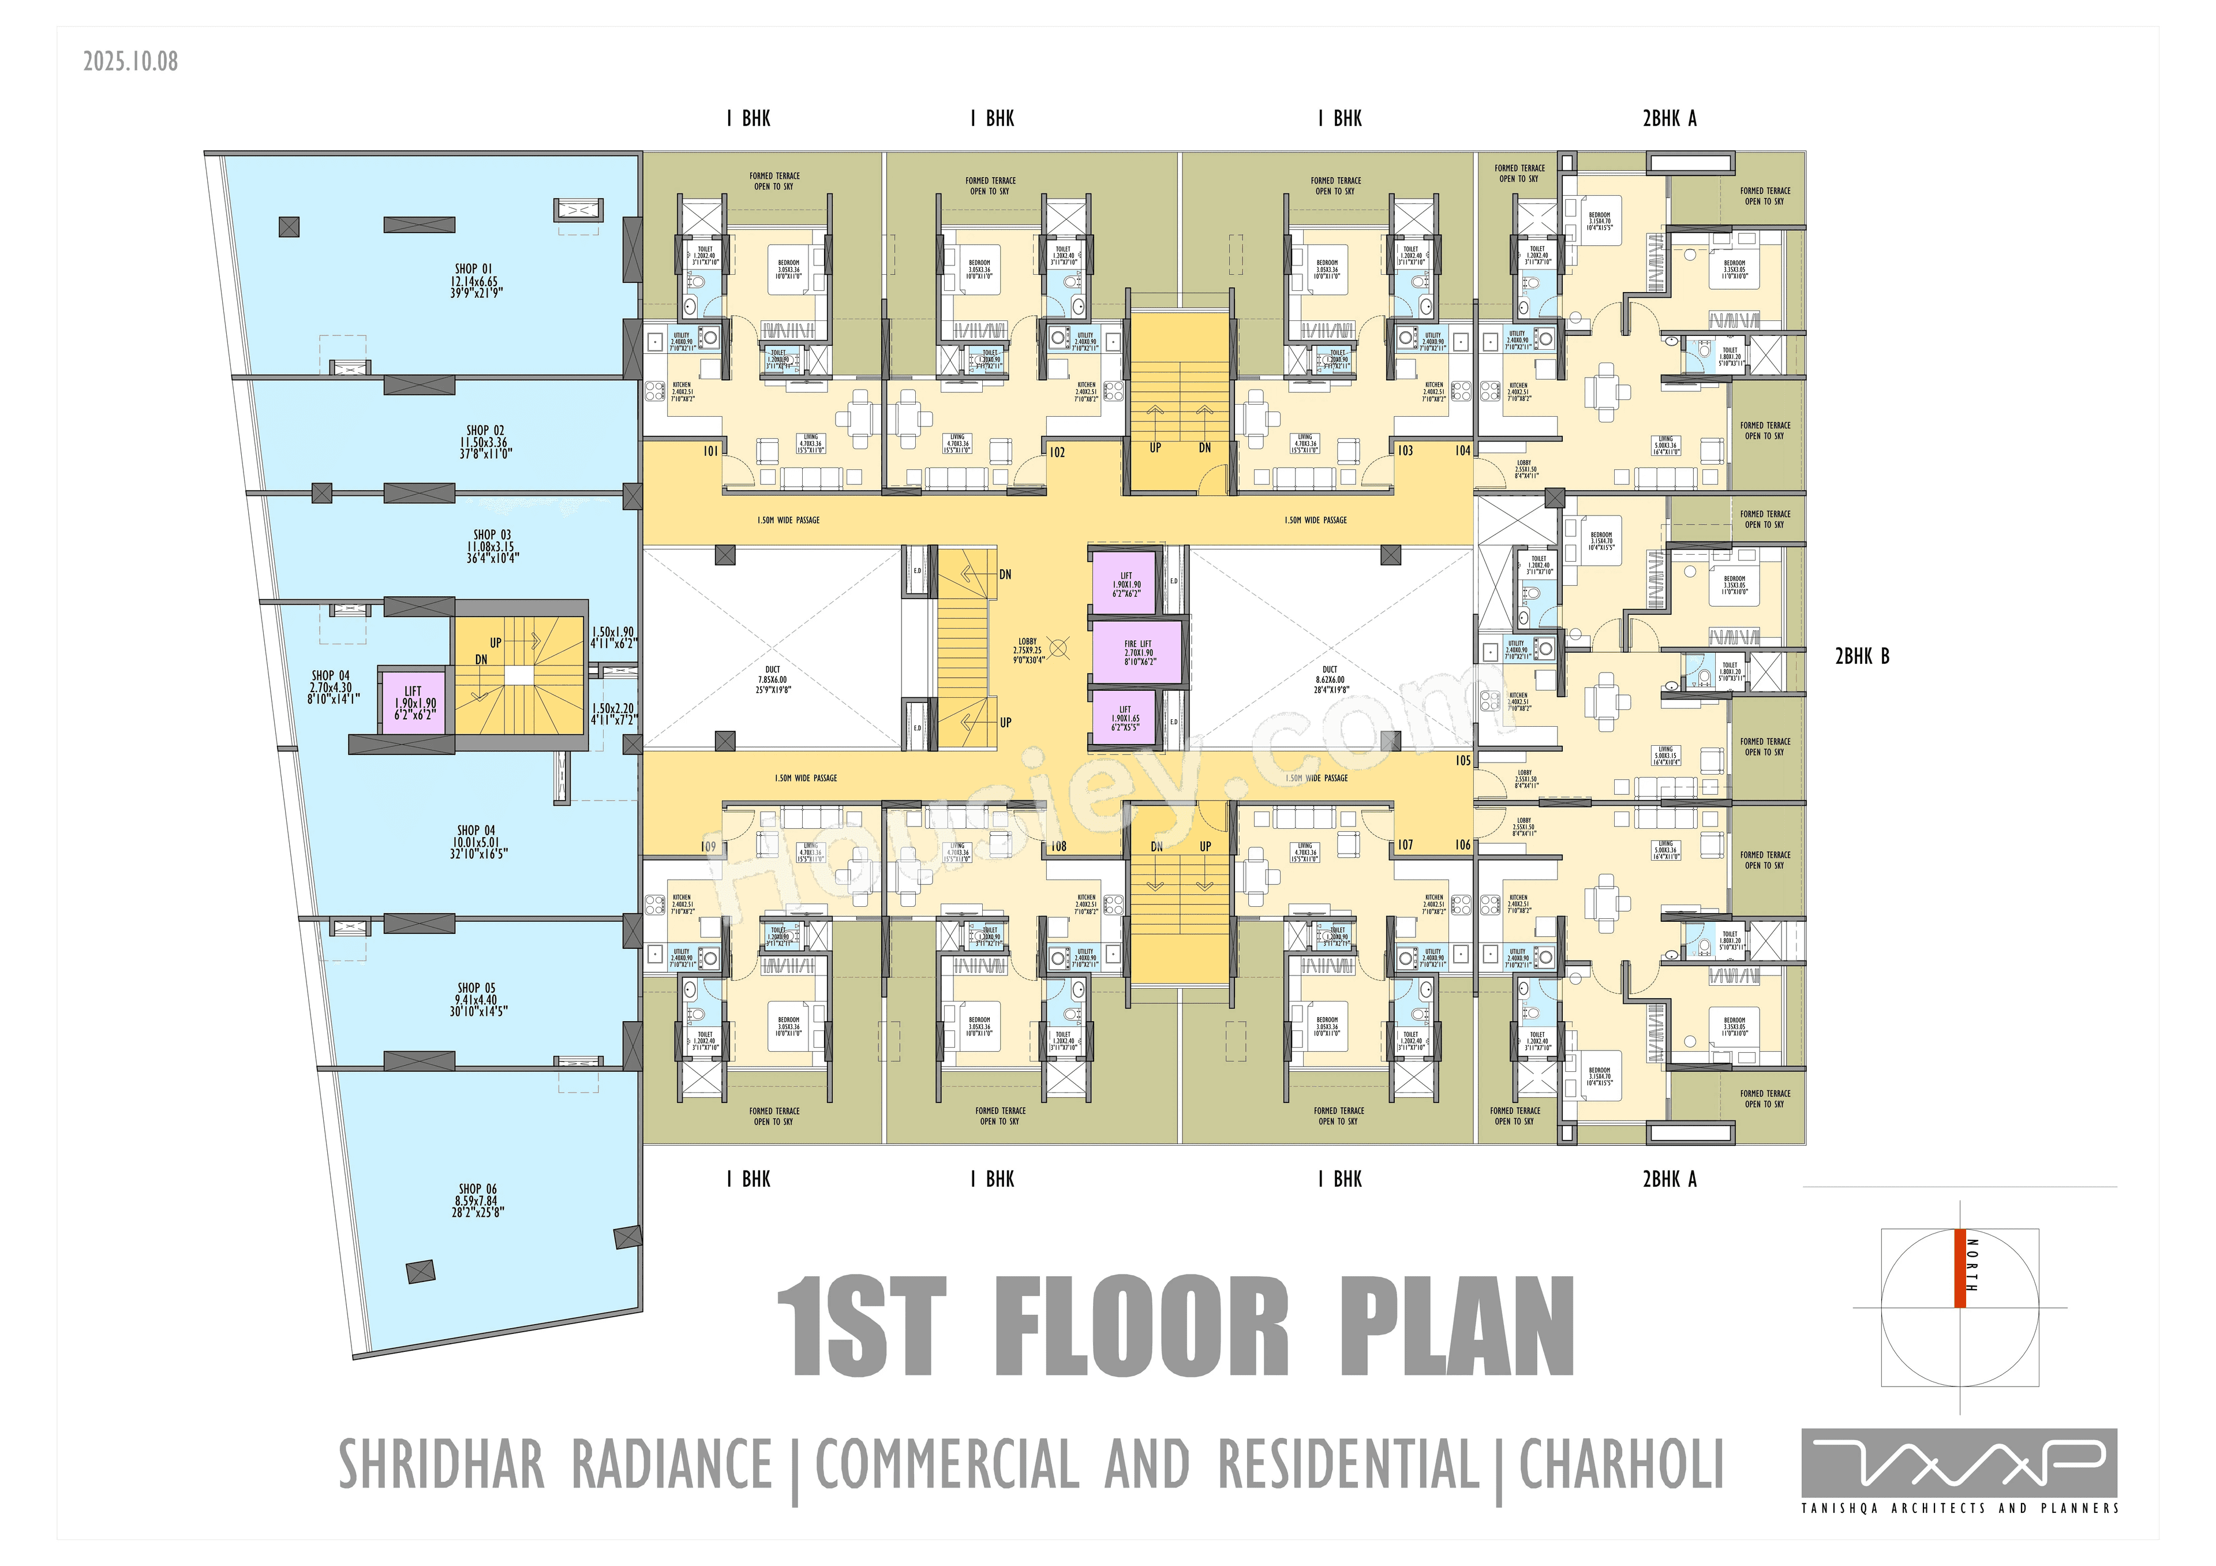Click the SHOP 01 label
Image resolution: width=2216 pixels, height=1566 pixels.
(474, 280)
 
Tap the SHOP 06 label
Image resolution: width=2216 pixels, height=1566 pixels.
(478, 1200)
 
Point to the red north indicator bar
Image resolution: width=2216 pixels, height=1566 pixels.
(1959, 1268)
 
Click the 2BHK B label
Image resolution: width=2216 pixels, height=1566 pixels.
(1861, 656)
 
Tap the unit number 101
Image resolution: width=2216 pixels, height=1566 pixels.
(710, 451)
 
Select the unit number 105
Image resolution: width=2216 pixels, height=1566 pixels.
(1462, 761)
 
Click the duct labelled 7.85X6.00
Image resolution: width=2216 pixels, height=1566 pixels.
(772, 679)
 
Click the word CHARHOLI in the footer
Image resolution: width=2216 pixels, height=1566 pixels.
(1622, 1464)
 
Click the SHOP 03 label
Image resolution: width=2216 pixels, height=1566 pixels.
(492, 545)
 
